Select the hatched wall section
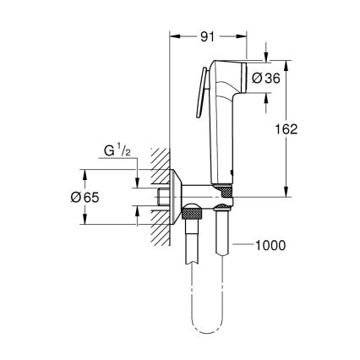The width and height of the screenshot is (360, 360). click(x=160, y=194)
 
